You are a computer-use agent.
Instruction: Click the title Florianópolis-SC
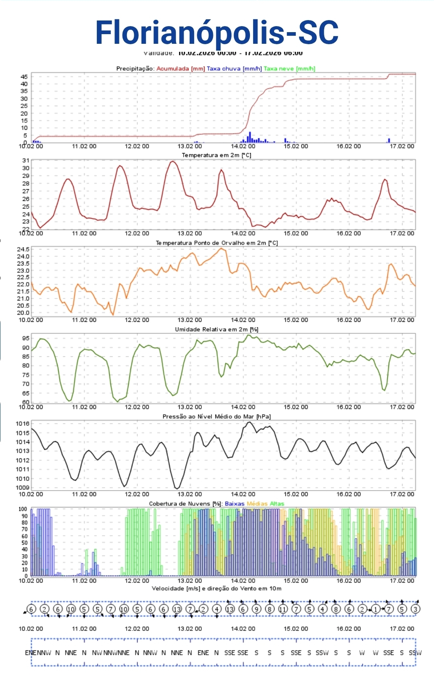click(x=217, y=32)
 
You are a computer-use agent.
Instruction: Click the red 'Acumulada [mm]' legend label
click(x=180, y=69)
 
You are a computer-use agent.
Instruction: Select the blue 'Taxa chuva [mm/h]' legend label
click(x=234, y=69)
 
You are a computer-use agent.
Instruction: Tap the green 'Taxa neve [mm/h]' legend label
click(x=289, y=69)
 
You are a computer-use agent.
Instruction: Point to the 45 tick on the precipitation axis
click(x=24, y=77)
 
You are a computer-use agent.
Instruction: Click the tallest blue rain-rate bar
click(x=250, y=137)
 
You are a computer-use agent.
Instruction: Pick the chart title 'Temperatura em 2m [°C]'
click(x=217, y=155)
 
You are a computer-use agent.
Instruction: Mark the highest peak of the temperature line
click(x=173, y=162)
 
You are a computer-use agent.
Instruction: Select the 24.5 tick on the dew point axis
click(x=23, y=249)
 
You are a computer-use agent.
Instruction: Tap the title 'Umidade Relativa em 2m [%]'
click(x=217, y=329)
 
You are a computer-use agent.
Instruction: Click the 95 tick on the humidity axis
click(x=26, y=338)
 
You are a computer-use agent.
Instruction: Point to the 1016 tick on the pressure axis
click(x=23, y=423)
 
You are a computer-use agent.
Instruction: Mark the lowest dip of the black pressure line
click(x=177, y=488)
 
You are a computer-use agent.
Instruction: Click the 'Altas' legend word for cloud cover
click(x=277, y=504)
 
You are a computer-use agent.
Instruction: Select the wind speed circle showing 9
click(x=256, y=609)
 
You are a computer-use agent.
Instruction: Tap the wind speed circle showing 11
click(x=283, y=609)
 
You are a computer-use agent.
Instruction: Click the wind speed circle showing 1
click(x=375, y=609)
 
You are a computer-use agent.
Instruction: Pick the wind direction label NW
click(x=97, y=653)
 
